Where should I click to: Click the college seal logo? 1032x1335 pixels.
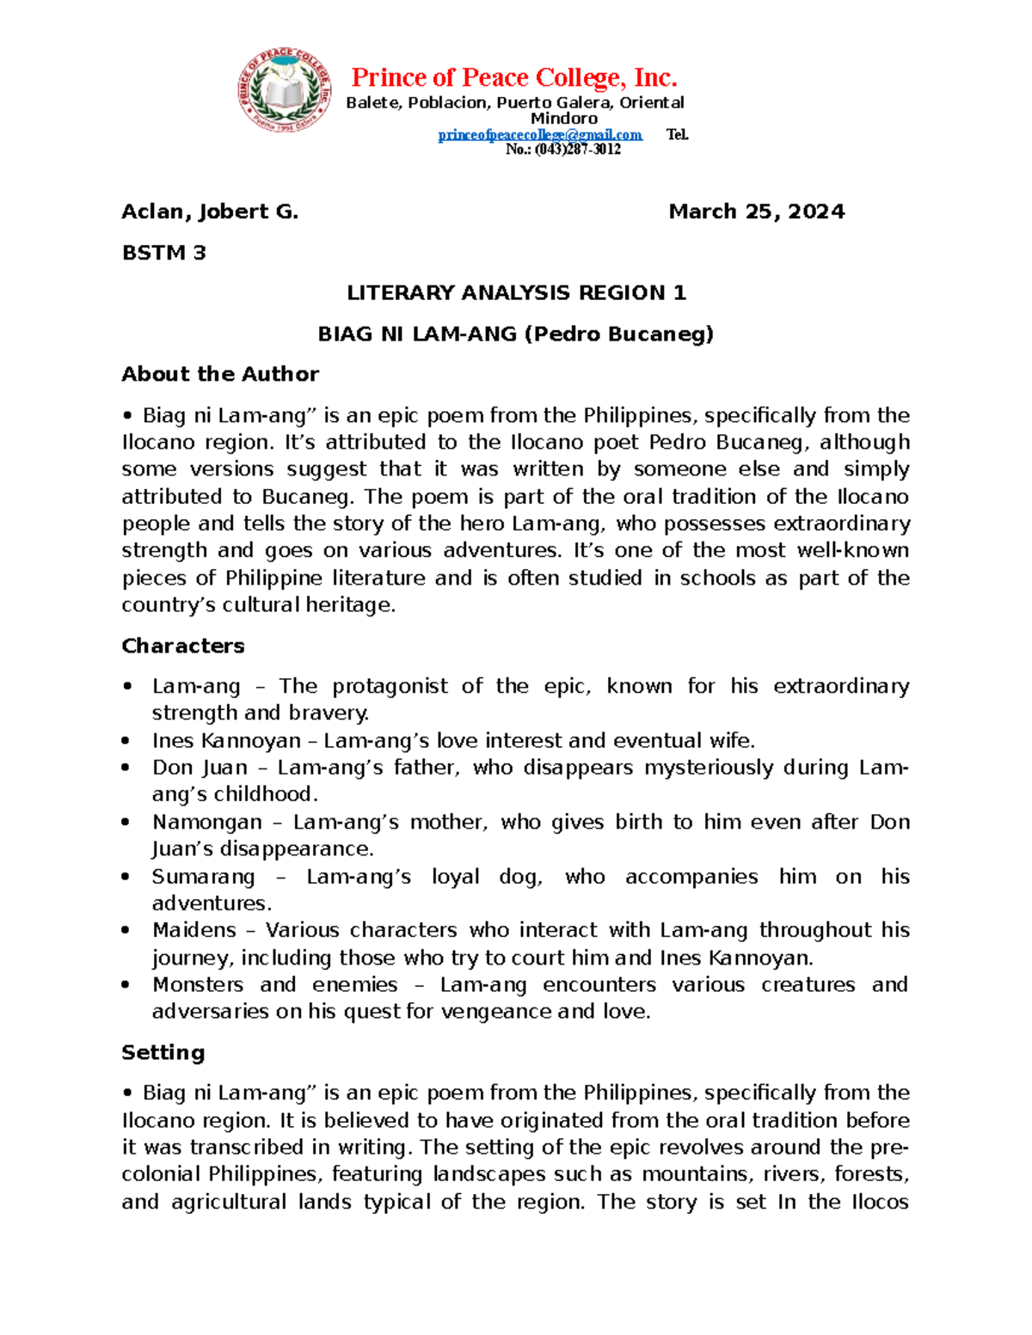click(285, 90)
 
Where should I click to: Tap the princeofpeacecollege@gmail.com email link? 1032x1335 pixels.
click(540, 135)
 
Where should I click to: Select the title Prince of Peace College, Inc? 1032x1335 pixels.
click(514, 78)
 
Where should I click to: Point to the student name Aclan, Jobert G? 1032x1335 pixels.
click(210, 211)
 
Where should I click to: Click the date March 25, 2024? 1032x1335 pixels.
click(756, 211)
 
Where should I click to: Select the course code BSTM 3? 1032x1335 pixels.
click(163, 253)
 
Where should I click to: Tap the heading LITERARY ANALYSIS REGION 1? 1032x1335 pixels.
click(516, 293)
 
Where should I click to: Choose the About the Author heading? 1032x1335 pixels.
click(220, 374)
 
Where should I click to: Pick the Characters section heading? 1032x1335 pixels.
click(183, 646)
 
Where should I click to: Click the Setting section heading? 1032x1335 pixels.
click(163, 1052)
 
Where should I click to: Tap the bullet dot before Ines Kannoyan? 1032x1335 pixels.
click(126, 741)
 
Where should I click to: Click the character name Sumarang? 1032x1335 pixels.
click(204, 877)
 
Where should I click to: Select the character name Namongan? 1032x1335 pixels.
click(206, 822)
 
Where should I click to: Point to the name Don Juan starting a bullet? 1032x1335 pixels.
click(200, 768)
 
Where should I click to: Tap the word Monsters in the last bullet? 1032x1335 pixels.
click(198, 984)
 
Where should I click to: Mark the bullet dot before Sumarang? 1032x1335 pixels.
click(126, 877)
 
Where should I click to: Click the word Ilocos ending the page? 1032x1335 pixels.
click(880, 1202)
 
